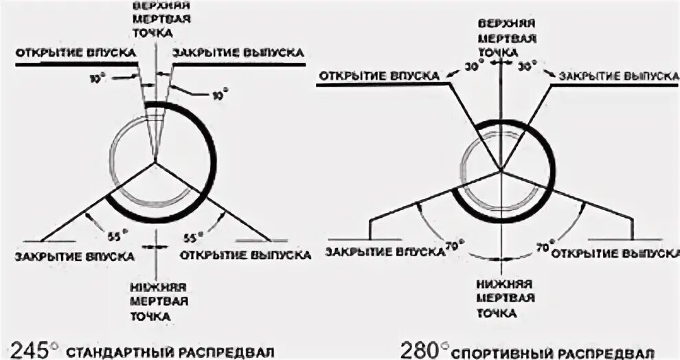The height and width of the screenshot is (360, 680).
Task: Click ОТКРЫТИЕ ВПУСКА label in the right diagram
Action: point(378,74)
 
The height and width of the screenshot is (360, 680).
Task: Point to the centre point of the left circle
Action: point(157,163)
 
